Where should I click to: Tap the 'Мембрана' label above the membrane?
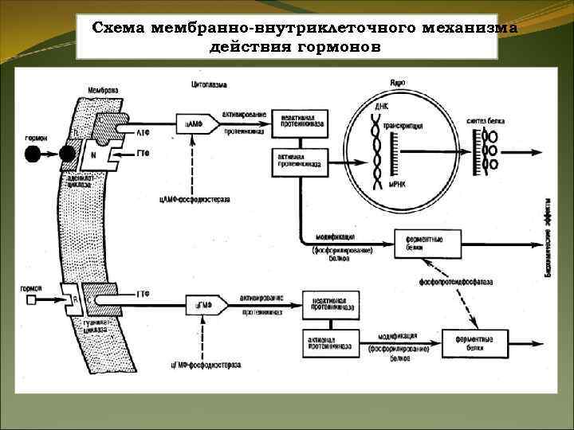[104, 91]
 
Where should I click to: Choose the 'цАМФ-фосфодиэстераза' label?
[195, 199]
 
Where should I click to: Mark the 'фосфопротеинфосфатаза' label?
[451, 283]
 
